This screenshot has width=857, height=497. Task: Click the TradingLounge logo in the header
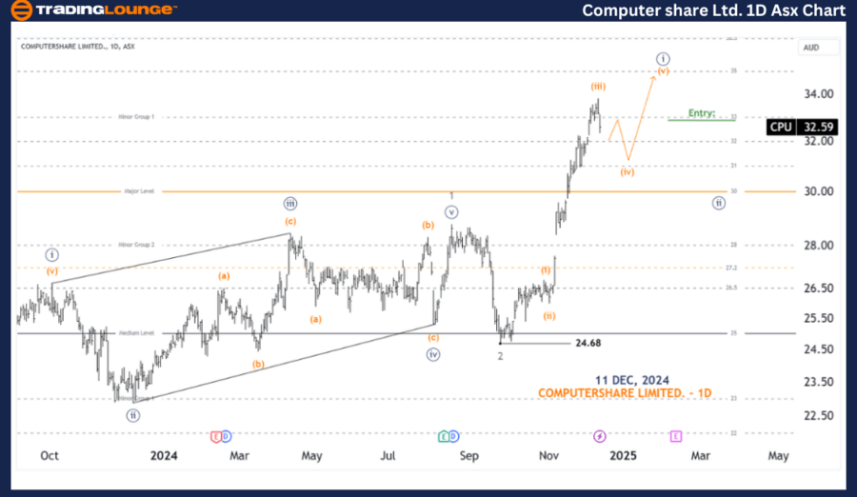[x=91, y=10]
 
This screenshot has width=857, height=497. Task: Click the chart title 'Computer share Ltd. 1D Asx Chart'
[x=713, y=10]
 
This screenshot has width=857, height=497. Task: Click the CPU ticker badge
[x=781, y=127]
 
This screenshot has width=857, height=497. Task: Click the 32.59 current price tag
[x=819, y=127]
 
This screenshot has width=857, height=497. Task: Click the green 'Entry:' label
[x=701, y=112]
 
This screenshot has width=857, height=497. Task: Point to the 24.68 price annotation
[x=588, y=343]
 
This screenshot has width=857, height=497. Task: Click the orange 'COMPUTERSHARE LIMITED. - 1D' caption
[x=624, y=393]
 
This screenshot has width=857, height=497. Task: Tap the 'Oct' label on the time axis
[x=50, y=456]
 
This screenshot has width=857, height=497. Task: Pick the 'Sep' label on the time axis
[x=468, y=456]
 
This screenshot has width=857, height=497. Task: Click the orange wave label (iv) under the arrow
[x=628, y=172]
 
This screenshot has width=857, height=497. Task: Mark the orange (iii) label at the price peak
[x=598, y=86]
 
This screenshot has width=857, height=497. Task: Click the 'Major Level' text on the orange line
[x=139, y=191]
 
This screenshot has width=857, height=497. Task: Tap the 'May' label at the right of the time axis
[x=778, y=456]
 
